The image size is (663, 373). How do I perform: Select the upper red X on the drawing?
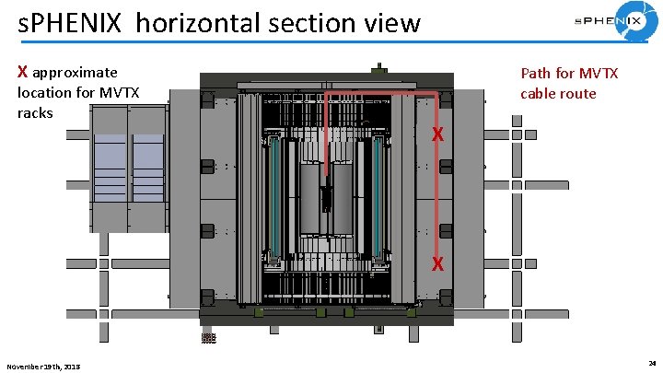click(439, 135)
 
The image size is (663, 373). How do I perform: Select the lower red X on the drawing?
click(439, 263)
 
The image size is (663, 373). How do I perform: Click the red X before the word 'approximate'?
click(24, 72)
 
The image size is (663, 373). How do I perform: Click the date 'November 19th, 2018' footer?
click(43, 367)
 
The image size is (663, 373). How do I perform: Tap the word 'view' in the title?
click(392, 23)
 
